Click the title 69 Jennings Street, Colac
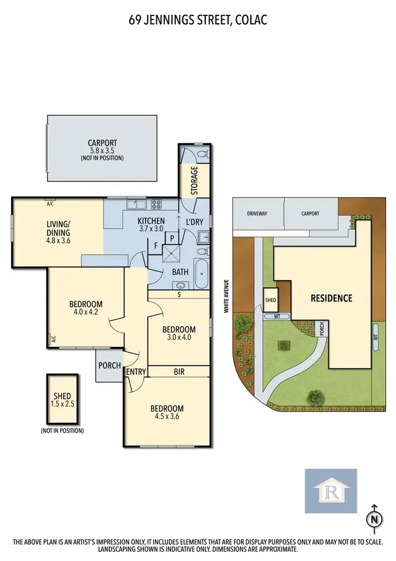[197, 21]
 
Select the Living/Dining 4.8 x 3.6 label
[58, 232]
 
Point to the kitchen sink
[136, 203]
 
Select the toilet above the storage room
[201, 154]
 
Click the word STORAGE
[194, 180]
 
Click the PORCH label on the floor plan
[110, 365]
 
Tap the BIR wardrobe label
[179, 372]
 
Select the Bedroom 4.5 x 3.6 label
[167, 412]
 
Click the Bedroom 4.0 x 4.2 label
[86, 308]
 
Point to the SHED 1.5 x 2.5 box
[62, 400]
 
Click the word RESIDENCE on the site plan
[331, 298]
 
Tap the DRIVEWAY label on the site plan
[257, 214]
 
